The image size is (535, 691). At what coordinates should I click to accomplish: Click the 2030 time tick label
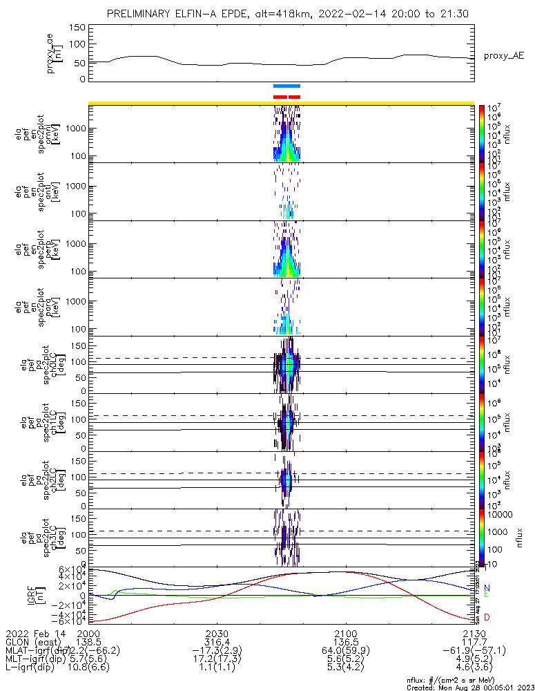point(217,633)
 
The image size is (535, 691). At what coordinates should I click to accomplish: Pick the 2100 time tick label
point(345,633)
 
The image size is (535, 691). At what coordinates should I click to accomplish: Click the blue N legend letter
point(486,588)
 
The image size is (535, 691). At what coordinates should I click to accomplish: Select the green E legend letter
point(486,594)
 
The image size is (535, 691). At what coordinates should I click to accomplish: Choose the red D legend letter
point(486,617)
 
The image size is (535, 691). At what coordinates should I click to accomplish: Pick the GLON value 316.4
point(217,642)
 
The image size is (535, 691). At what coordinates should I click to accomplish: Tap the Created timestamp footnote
point(467,688)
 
